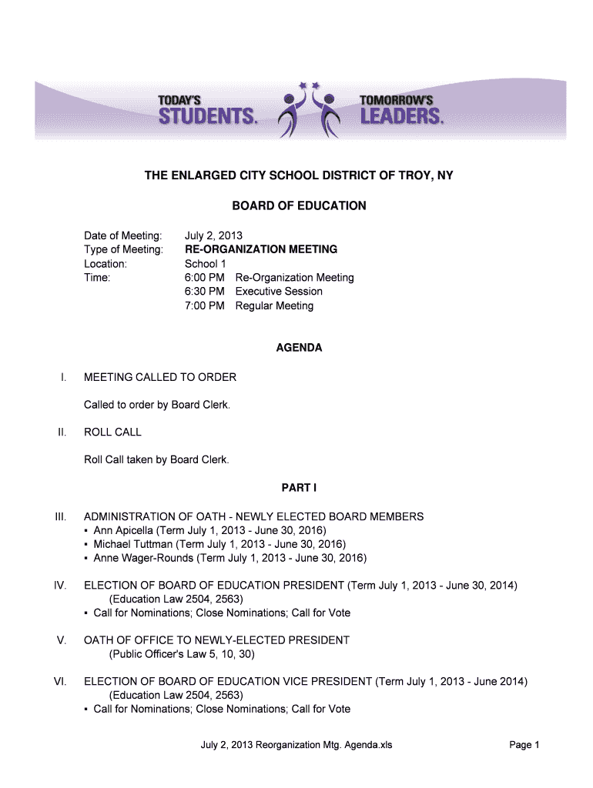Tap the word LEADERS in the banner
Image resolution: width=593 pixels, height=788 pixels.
tap(401, 117)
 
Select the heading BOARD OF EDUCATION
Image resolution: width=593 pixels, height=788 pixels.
tap(299, 206)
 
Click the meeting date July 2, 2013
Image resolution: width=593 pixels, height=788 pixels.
tap(213, 235)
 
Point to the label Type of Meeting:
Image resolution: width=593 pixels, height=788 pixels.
tap(123, 249)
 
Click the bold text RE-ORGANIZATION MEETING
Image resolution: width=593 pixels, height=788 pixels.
tap(260, 249)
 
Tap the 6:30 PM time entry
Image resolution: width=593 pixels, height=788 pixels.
tap(205, 292)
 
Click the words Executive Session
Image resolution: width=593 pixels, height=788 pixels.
tap(279, 292)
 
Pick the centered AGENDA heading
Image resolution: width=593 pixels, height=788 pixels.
tap(299, 348)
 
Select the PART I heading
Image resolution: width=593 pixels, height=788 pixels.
tap(299, 488)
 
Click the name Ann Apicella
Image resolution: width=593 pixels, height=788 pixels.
tap(124, 531)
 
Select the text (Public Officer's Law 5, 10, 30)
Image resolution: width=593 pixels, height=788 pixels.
tap(182, 654)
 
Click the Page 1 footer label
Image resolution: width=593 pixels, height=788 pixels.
tap(524, 745)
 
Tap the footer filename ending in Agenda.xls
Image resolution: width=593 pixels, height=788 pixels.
tap(296, 745)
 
